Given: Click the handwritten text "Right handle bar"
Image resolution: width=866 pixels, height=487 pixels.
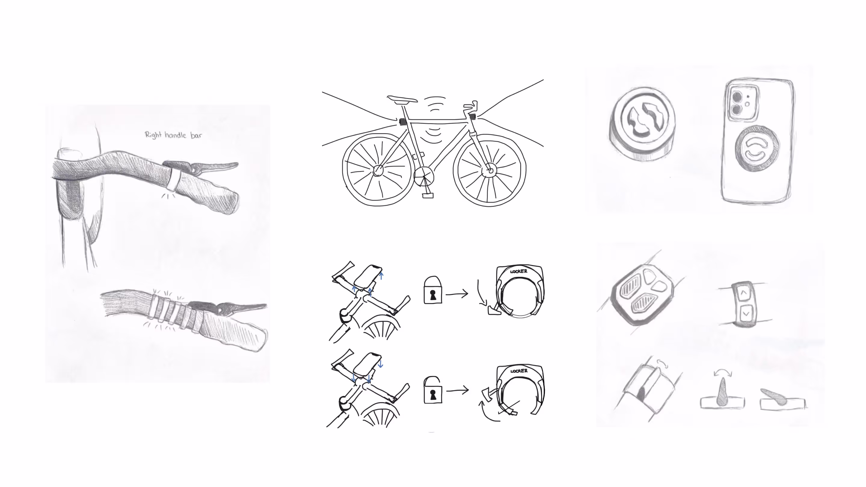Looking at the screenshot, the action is click(x=174, y=135).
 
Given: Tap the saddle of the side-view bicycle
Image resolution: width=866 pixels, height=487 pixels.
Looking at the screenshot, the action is click(x=402, y=99).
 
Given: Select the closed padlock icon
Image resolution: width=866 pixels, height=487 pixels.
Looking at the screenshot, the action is click(x=433, y=290).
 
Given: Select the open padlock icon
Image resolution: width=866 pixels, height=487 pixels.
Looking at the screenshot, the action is click(x=433, y=390).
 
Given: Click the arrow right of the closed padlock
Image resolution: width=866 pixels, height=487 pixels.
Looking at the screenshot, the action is click(x=457, y=294).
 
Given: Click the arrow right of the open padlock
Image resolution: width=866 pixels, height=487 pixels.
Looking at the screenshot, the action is click(x=457, y=391).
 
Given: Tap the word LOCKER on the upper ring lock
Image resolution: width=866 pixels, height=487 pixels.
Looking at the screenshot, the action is click(x=519, y=271).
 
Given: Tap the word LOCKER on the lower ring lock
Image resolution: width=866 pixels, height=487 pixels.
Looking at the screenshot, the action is click(x=519, y=371).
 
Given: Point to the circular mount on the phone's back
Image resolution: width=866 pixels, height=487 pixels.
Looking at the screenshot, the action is click(x=757, y=148).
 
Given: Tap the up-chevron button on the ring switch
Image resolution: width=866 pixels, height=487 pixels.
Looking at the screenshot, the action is click(x=744, y=293).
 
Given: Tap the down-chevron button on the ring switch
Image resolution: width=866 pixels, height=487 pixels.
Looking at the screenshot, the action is click(x=746, y=314).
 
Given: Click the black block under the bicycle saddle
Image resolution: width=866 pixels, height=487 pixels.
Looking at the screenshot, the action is click(x=402, y=122).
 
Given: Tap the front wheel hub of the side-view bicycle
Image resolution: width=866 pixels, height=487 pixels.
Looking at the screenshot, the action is click(x=490, y=171).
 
